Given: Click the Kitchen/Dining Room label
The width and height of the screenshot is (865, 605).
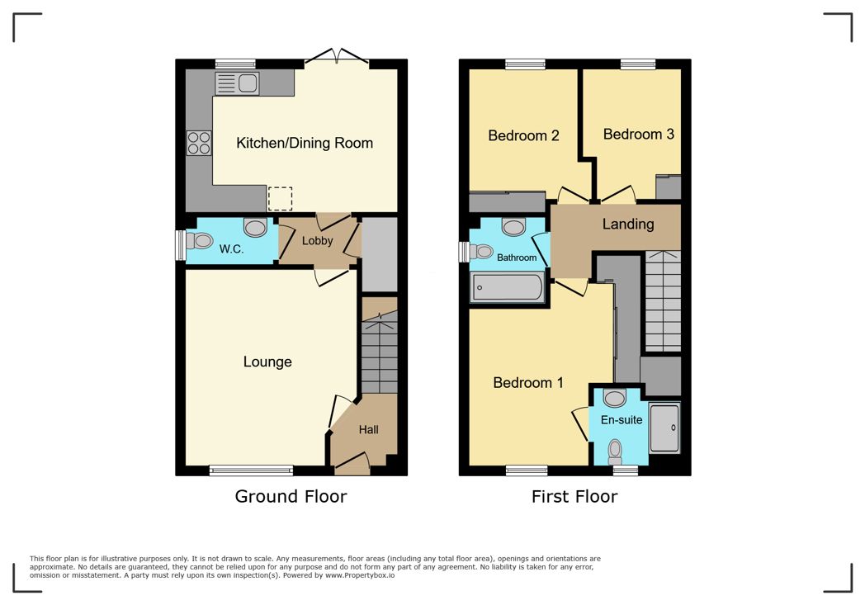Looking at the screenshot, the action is point(305,144).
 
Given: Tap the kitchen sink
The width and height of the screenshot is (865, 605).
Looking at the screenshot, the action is point(237,84).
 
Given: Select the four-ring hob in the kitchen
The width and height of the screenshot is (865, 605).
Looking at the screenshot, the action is point(199,143).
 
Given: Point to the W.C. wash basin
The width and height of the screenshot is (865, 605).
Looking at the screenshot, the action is point(255,227).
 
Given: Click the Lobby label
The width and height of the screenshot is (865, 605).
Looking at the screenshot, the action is point(317,240).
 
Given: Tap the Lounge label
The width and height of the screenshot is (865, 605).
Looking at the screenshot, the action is point(267,362).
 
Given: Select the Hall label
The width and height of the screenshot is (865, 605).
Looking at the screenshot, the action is point(368,430).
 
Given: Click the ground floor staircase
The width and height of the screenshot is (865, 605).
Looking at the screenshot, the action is point(380,346).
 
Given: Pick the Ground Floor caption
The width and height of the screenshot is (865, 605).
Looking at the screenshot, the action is point(291,496).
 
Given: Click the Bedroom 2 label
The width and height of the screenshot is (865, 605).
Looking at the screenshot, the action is point(523,135).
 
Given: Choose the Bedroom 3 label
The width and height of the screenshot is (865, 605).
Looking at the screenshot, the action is point(638,135).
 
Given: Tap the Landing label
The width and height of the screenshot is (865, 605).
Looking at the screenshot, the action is point(628,224).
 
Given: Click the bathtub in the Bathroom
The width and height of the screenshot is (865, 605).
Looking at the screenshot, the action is point(507,286).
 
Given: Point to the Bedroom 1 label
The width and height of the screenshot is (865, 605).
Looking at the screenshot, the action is point(528,383).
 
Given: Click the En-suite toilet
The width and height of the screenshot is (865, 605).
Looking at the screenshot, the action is point(615,451).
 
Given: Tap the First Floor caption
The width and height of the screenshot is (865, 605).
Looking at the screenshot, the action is point(574,496).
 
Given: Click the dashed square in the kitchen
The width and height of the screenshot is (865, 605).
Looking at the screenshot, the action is point(281,199).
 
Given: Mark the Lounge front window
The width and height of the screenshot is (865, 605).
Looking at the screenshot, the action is point(251,470).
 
